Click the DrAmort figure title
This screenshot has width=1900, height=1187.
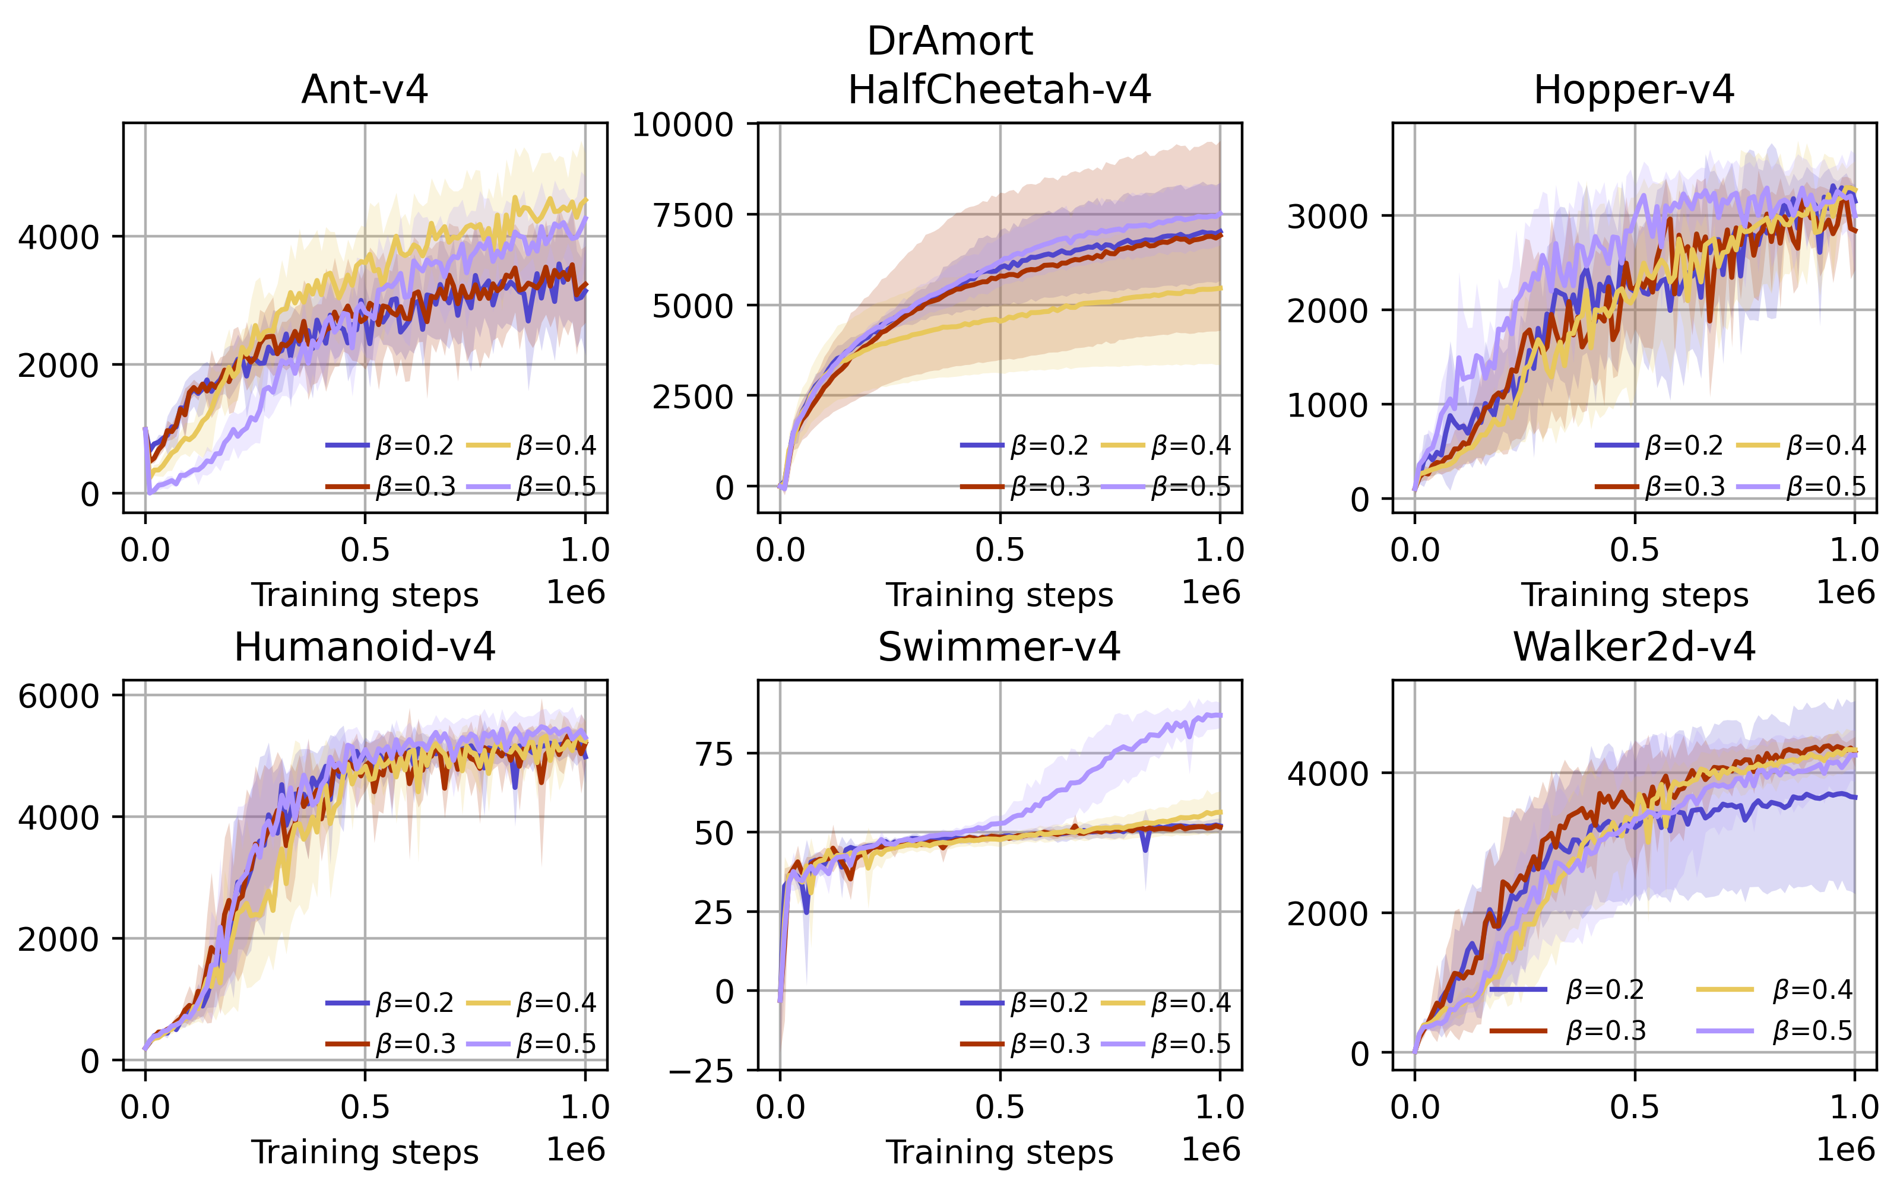pyautogui.click(x=949, y=41)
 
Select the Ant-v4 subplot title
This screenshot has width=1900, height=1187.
pyautogui.click(x=365, y=90)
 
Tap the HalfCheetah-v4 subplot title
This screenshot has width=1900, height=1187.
pyautogui.click(x=999, y=90)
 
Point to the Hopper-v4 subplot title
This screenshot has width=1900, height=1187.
pyautogui.click(x=1634, y=90)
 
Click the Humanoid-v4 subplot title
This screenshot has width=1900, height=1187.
pyautogui.click(x=365, y=647)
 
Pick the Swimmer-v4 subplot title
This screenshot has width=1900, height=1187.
pyautogui.click(x=999, y=647)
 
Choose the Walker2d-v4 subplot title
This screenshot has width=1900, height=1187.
pyautogui.click(x=1634, y=647)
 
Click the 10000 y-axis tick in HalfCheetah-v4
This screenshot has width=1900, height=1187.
pyautogui.click(x=682, y=125)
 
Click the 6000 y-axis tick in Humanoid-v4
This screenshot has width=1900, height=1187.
pyautogui.click(x=58, y=696)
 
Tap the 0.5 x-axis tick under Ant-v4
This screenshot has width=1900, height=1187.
pyautogui.click(x=365, y=550)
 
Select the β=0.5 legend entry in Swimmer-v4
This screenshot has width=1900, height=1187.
pyautogui.click(x=1166, y=1044)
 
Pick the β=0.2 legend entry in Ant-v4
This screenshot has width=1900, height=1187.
pyautogui.click(x=390, y=446)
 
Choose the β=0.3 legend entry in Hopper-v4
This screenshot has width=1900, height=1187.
pyautogui.click(x=1661, y=487)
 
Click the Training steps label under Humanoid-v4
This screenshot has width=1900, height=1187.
pyautogui.click(x=365, y=1153)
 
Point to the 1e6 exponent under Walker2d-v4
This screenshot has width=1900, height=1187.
pyautogui.click(x=1845, y=1150)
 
